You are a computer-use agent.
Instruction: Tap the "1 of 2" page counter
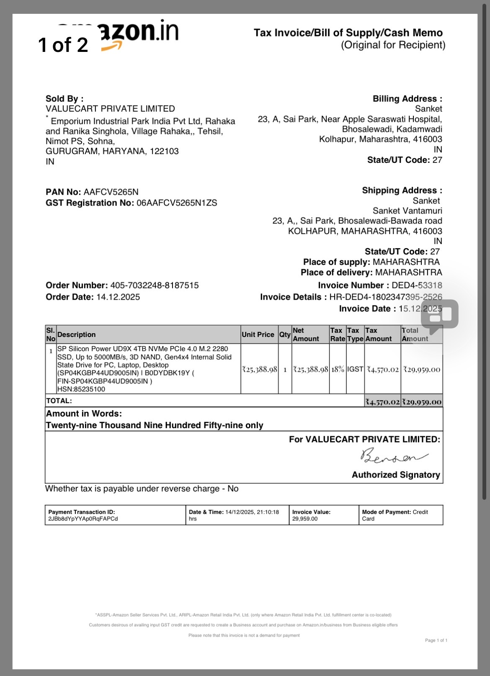click(x=63, y=45)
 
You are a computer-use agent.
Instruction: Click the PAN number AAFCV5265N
click(x=111, y=192)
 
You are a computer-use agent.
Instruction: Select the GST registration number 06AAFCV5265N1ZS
click(x=177, y=203)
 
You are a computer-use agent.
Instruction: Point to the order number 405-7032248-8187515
click(x=154, y=285)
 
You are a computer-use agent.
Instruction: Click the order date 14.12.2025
click(x=118, y=297)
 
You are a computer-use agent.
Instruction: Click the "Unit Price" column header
click(x=258, y=334)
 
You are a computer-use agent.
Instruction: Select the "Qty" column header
click(x=285, y=334)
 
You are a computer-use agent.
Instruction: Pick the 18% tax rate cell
click(x=338, y=369)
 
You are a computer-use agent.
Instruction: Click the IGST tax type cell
click(x=355, y=369)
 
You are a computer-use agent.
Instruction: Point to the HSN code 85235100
click(x=89, y=389)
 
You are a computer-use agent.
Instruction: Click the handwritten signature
click(x=394, y=456)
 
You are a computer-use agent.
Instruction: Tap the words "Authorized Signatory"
click(x=396, y=475)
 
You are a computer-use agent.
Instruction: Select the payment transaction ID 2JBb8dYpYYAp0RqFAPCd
click(x=83, y=519)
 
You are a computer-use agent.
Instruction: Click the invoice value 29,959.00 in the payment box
click(x=305, y=519)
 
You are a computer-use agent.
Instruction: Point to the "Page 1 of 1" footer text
click(x=436, y=640)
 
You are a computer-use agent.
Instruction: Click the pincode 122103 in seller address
click(x=164, y=151)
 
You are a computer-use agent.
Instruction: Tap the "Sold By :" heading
click(x=64, y=99)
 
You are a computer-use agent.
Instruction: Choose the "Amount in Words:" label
click(x=84, y=414)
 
